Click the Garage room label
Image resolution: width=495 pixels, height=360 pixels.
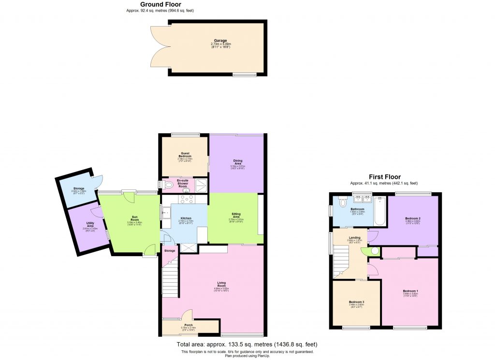pyautogui.click(x=220, y=41)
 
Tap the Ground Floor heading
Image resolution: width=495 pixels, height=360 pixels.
pyautogui.click(x=160, y=4)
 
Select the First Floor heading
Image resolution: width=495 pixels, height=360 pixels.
pyautogui.click(x=384, y=177)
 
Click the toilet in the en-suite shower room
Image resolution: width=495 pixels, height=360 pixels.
pyautogui.click(x=168, y=185)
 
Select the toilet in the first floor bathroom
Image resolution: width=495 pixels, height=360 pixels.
pyautogui.click(x=343, y=202)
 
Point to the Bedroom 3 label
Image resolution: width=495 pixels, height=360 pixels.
pyautogui.click(x=357, y=302)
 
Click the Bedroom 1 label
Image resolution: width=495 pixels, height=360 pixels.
pyautogui.click(x=410, y=291)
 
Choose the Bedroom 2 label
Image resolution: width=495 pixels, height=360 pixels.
pyautogui.click(x=412, y=218)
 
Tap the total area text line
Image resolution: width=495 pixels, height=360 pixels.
pyautogui.click(x=247, y=344)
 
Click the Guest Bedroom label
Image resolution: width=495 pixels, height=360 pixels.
pyautogui.click(x=185, y=155)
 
